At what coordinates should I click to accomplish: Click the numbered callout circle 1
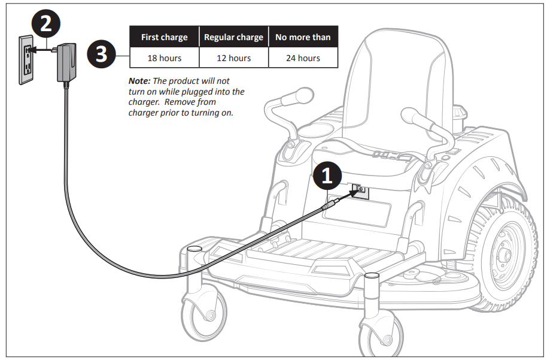tap(327, 175)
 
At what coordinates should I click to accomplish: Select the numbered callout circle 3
tap(102, 55)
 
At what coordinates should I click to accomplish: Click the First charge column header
tap(164, 37)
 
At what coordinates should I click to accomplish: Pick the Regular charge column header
tap(233, 37)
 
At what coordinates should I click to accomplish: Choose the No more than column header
tap(303, 37)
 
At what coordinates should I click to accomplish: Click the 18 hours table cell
tap(164, 58)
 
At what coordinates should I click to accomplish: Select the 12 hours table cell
tap(233, 58)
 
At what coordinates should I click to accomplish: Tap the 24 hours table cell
tap(303, 58)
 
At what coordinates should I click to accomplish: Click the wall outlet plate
tap(25, 58)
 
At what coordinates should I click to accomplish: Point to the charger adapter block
tap(67, 61)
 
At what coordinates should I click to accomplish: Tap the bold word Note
tap(139, 80)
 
